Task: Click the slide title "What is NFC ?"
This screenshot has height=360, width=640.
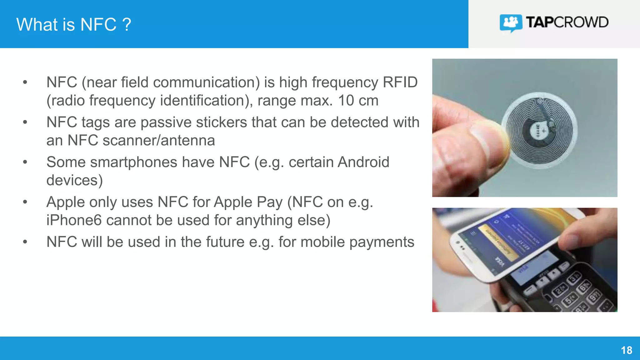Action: click(73, 24)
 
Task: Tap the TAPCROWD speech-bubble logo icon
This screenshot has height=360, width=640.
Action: click(511, 23)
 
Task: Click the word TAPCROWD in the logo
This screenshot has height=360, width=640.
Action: click(567, 22)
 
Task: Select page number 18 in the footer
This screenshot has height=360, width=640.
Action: click(626, 350)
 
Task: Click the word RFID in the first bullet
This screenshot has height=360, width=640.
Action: click(400, 82)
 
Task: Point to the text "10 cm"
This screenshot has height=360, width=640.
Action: click(358, 101)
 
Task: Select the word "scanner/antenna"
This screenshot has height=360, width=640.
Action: click(159, 140)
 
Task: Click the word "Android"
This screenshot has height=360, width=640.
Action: click(363, 162)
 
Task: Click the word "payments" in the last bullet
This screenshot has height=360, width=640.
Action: click(382, 242)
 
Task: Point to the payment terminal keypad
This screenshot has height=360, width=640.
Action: click(578, 294)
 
